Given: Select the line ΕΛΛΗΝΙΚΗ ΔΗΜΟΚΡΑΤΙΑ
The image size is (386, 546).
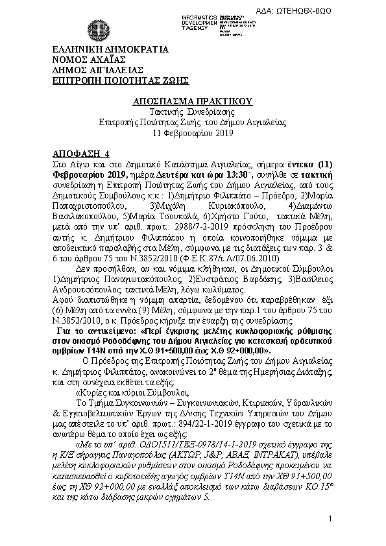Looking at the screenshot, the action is [110, 49].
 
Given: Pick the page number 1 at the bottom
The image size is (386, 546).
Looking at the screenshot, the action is [330, 519].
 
